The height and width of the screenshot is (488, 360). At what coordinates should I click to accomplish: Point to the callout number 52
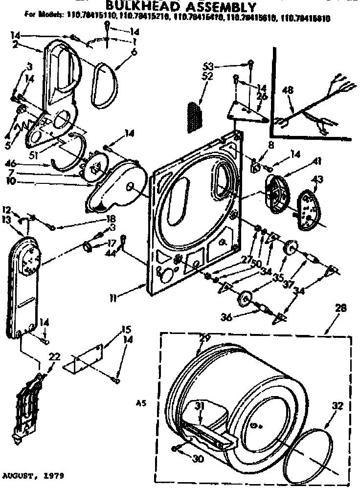pos(207,76)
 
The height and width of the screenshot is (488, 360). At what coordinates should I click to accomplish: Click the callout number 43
pos(317,180)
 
